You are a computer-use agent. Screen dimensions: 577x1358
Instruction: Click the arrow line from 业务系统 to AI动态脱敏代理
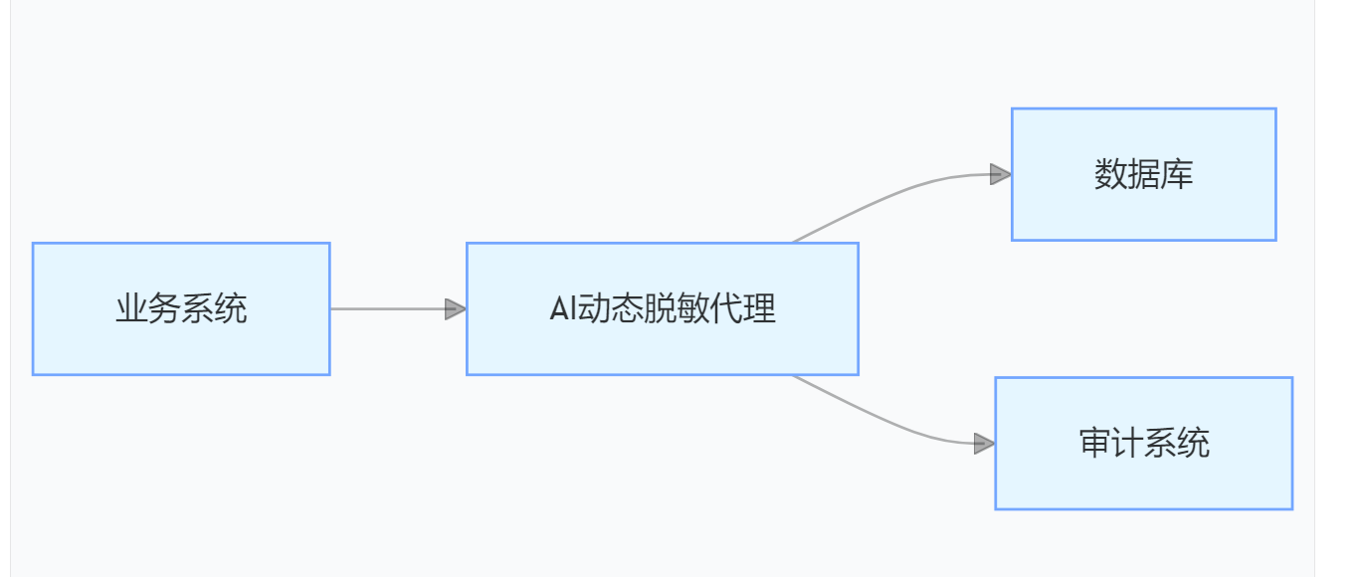pyautogui.click(x=388, y=308)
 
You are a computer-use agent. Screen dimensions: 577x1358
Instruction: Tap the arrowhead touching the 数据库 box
pyautogui.click(x=1001, y=174)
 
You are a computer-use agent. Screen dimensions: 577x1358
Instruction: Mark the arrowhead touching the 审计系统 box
pyautogui.click(x=984, y=444)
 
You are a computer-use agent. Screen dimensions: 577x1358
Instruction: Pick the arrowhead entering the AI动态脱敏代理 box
pyautogui.click(x=456, y=308)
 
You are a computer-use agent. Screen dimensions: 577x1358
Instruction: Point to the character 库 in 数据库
pyautogui.click(x=1177, y=175)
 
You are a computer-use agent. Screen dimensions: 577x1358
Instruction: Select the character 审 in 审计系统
pyautogui.click(x=1095, y=444)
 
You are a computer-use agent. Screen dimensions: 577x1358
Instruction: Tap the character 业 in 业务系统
pyautogui.click(x=131, y=309)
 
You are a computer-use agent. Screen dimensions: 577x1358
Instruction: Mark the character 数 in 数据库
pyautogui.click(x=1110, y=175)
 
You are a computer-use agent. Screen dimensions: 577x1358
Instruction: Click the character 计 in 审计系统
pyautogui.click(x=1128, y=444)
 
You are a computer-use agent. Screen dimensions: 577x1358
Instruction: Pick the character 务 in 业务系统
pyautogui.click(x=164, y=309)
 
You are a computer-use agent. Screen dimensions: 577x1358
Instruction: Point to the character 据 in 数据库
pyautogui.click(x=1144, y=175)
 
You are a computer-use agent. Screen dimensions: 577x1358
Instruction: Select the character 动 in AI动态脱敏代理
pyautogui.click(x=595, y=309)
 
